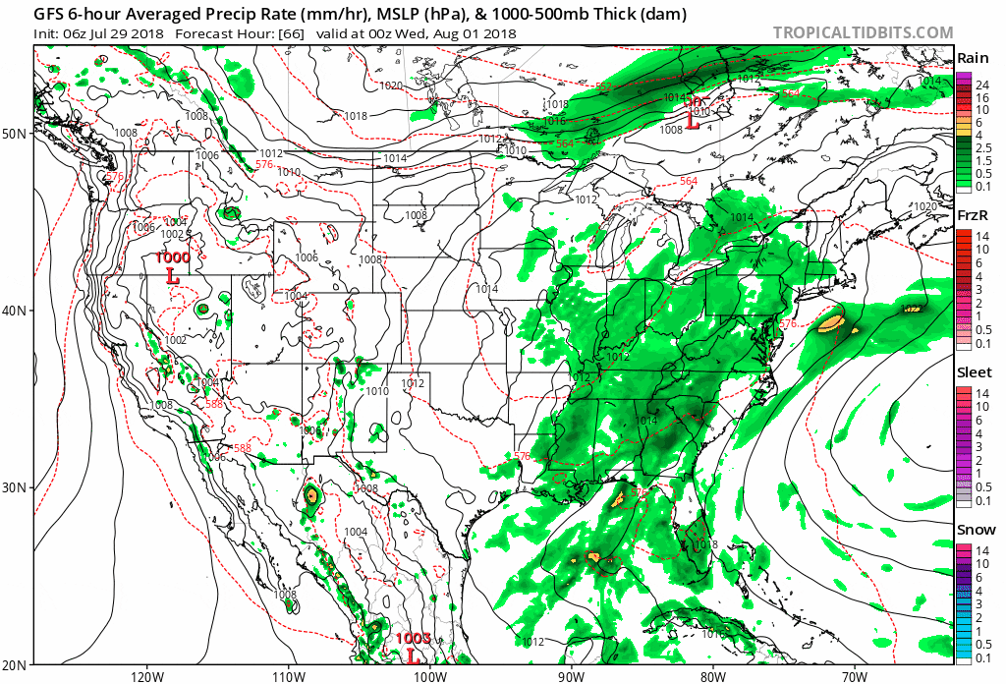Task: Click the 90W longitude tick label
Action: (x=570, y=675)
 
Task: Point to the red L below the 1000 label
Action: (x=173, y=276)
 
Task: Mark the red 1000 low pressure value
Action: (x=173, y=257)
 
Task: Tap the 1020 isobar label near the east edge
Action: (x=924, y=206)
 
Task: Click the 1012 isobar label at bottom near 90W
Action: (x=533, y=642)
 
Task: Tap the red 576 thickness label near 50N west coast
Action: (x=114, y=177)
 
